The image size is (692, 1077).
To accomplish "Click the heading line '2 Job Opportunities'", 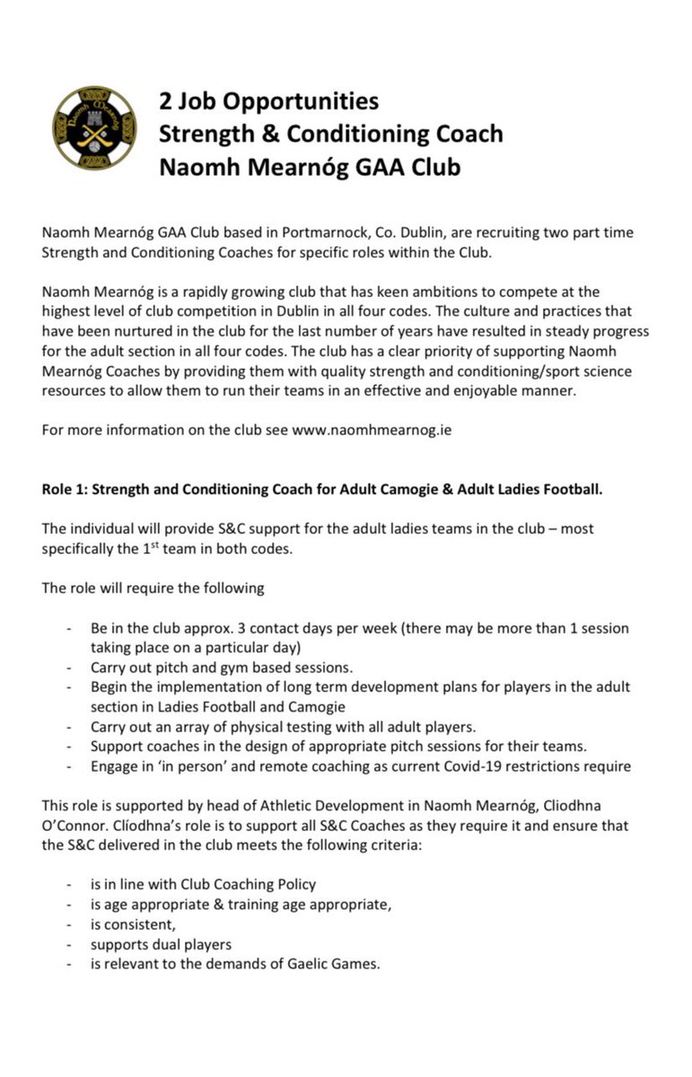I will [268, 101].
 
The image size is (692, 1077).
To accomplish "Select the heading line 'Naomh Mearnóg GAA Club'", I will [309, 167].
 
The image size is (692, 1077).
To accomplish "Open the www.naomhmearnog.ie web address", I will [372, 430].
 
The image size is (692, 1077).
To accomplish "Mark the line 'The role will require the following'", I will [153, 588].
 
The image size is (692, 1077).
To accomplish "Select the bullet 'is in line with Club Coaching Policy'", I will [203, 884].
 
